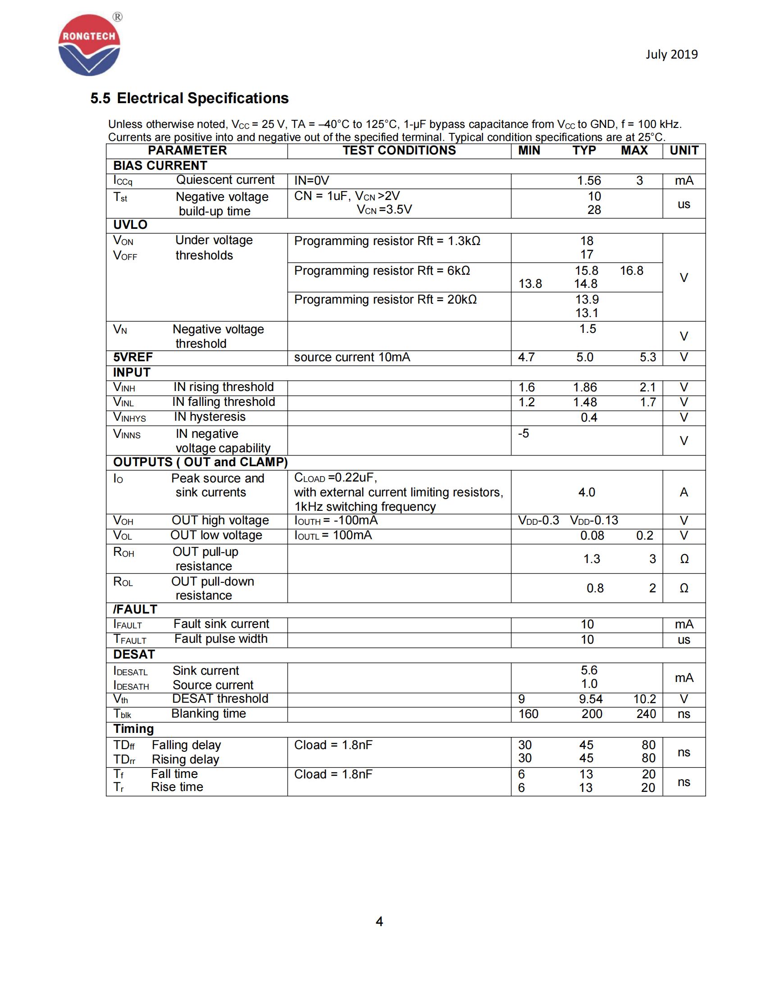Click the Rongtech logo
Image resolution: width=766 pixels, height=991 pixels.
(x=89, y=45)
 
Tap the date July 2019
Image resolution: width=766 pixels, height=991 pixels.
(x=672, y=55)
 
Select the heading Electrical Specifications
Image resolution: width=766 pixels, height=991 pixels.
(x=202, y=98)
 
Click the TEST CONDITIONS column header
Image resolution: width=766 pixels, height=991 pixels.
(x=399, y=150)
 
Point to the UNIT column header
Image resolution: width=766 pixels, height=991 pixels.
(x=684, y=150)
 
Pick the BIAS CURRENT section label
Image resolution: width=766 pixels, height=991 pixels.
(x=160, y=166)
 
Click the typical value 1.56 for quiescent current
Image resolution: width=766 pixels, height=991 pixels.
(x=588, y=181)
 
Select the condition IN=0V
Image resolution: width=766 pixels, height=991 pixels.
(x=312, y=181)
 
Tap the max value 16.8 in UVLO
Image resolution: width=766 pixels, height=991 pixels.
(x=631, y=271)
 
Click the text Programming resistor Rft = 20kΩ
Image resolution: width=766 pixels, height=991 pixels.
(x=385, y=300)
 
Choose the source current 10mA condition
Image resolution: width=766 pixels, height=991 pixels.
(x=352, y=358)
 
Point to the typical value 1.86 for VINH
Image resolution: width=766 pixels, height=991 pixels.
(x=584, y=387)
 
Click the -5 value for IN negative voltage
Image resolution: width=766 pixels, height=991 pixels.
(x=524, y=433)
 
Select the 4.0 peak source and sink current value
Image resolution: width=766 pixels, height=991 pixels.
(x=586, y=492)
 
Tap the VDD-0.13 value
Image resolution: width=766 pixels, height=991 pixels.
(x=593, y=520)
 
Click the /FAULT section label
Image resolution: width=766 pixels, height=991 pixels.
(x=135, y=609)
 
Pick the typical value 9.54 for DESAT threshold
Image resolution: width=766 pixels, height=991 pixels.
(x=590, y=699)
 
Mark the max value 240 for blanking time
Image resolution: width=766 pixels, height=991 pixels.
(x=646, y=714)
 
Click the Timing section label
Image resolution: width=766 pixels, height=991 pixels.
(x=133, y=729)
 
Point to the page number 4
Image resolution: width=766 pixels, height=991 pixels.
(x=379, y=921)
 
